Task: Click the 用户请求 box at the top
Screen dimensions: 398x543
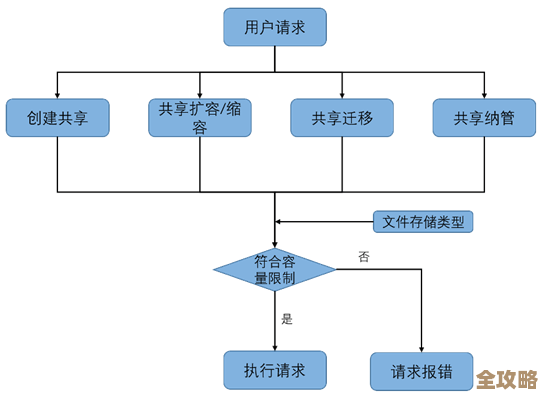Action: [275, 26]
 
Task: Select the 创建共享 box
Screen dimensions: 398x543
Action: [57, 118]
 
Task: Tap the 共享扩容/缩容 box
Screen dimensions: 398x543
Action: [200, 118]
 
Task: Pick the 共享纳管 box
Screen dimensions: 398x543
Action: [484, 118]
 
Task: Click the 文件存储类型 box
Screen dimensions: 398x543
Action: [422, 222]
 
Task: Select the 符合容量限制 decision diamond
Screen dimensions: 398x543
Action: [275, 269]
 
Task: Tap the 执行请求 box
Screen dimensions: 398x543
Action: [275, 369]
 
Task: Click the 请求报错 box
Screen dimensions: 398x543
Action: [422, 371]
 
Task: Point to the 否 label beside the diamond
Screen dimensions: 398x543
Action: [363, 257]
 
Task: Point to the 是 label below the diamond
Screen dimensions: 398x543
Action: [287, 319]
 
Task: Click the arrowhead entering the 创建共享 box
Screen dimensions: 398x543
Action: [57, 93]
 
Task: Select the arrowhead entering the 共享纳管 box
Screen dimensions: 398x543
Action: [484, 93]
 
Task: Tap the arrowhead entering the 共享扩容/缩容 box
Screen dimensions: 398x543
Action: [200, 93]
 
